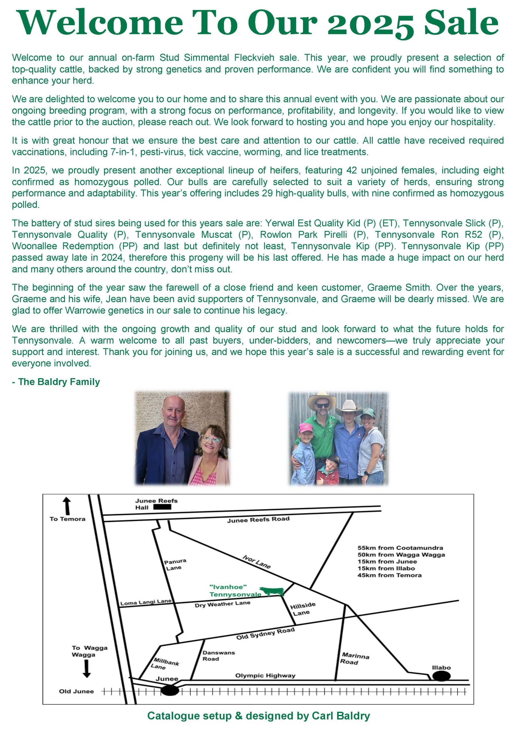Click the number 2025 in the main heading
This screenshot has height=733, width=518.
(x=371, y=24)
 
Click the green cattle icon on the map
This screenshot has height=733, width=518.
(x=272, y=591)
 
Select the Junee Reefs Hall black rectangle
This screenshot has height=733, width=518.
(x=162, y=507)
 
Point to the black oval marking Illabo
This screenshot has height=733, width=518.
(x=441, y=676)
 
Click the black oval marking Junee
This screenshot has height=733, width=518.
(x=169, y=690)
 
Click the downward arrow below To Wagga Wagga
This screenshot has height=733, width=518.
(x=86, y=669)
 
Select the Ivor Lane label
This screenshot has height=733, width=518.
(x=256, y=562)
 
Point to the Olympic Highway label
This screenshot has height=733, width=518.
(x=265, y=675)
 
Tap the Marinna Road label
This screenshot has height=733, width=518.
(x=355, y=658)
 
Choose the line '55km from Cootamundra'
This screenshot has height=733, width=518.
(x=400, y=548)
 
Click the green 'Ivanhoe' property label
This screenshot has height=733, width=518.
(x=228, y=587)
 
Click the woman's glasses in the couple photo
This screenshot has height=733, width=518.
(x=211, y=440)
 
